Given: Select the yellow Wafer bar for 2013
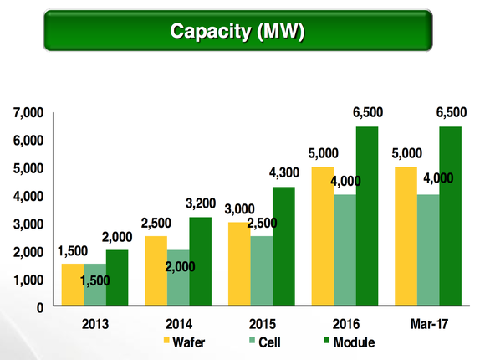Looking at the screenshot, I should (72, 285).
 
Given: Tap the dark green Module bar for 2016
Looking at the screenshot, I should (367, 217).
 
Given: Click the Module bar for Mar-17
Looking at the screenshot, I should (451, 217).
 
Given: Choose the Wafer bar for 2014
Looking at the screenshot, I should (156, 271).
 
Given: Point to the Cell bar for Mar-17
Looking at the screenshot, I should (427, 250).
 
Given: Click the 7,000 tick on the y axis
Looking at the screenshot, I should (28, 112).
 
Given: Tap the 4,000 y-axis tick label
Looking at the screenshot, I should (28, 196).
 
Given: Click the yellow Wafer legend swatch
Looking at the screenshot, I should (166, 342).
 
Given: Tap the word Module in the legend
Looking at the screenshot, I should (354, 342).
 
